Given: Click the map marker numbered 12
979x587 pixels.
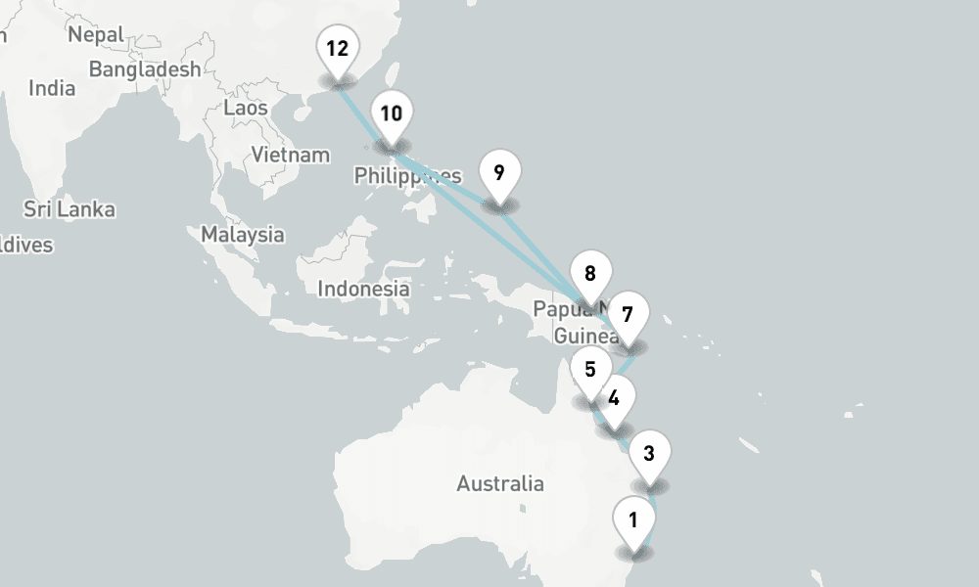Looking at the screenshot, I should pos(338,49).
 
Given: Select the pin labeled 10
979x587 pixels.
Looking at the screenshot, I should pos(391,114).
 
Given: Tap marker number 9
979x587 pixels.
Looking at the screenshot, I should pos(499,174).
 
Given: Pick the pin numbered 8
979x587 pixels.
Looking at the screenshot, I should pos(590,275).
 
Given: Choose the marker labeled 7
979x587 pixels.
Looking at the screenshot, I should pos(628,316).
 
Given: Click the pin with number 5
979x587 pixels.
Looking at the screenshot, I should pos(590,370).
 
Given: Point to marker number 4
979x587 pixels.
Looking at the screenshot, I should pos(614,399).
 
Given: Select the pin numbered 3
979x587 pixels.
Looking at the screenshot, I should pos(649,453).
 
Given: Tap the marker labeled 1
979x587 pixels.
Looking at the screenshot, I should pos(633,520).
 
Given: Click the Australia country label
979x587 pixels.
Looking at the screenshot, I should pos(500,483).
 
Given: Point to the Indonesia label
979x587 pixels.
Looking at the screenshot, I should pos(363,289).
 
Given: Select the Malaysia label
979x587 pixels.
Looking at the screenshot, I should pos(243,235).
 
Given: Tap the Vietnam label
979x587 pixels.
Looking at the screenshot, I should pos(291,155).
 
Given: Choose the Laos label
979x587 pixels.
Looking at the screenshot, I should pos(246,108).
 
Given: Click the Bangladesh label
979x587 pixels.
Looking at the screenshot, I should pos(145,69).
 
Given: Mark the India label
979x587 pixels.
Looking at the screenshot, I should pos(52,88).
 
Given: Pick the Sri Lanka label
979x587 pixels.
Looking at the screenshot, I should pos(70,209).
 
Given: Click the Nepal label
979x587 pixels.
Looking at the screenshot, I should pos(96,35).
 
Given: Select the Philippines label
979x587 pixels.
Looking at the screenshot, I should pos(406,176).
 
